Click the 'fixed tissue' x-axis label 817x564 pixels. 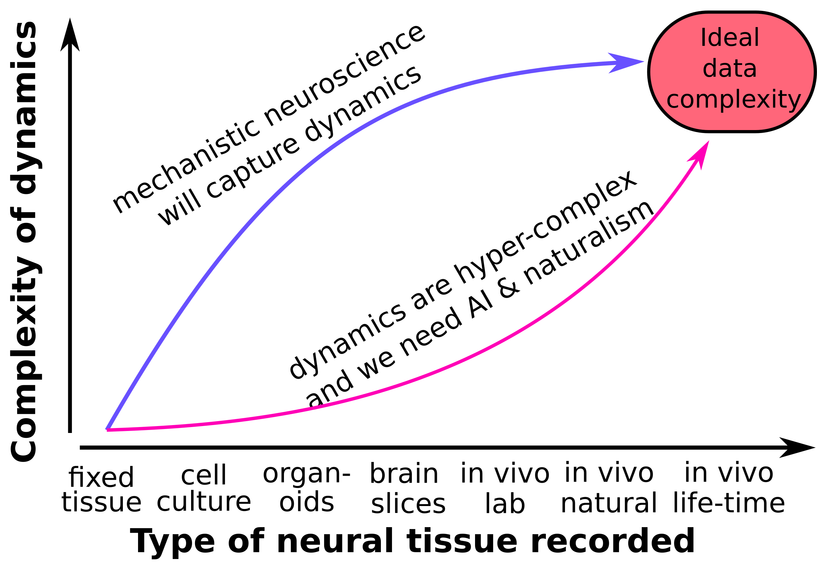(101, 490)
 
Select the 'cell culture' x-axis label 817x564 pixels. (204, 489)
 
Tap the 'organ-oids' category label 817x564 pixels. (306, 488)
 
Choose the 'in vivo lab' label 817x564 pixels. (504, 489)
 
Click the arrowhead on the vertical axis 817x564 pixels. (70, 35)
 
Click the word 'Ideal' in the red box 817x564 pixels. (729, 38)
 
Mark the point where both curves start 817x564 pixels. (107, 429)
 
